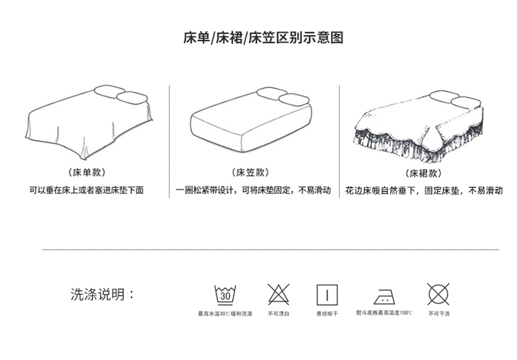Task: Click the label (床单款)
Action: [x=87, y=172]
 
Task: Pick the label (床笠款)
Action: [x=250, y=172]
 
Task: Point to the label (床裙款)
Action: [x=423, y=173]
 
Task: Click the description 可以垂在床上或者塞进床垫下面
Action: [x=86, y=190]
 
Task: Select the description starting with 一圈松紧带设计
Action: [x=253, y=190]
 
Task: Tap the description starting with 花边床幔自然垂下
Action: [x=426, y=190]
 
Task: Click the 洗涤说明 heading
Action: [x=103, y=294]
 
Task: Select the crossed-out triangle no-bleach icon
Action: [x=278, y=294]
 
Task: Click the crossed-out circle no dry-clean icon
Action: [x=438, y=294]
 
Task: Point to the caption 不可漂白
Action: [x=278, y=314]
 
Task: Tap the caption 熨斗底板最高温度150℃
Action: [x=384, y=313]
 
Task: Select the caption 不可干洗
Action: [x=438, y=314]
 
